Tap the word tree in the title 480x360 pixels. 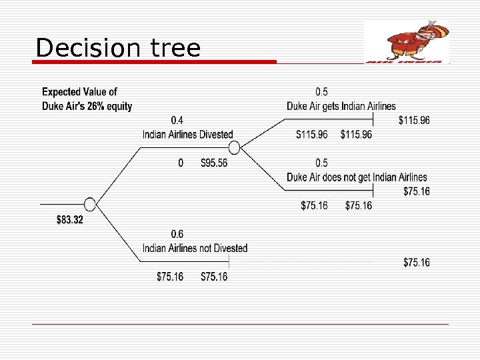tap(175, 48)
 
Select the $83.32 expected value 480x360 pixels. tap(70, 220)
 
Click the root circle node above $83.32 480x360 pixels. tap(90, 205)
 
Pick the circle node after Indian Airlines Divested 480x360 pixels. tap(233, 148)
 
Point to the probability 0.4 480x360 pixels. tap(178, 121)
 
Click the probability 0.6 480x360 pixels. tap(178, 234)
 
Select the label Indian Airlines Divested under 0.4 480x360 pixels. tap(188, 134)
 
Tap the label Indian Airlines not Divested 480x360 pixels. tap(195, 248)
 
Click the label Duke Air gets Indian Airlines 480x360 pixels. tap(341, 106)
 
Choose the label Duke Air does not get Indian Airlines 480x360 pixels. tap(357, 177)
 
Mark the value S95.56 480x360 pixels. tap(214, 163)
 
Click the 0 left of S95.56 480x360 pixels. tap(181, 163)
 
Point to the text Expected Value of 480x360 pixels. tap(79, 92)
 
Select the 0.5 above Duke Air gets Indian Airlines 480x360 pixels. tap(321, 92)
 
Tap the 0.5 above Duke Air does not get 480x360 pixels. tap(321, 163)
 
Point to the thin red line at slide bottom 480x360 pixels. tap(240, 324)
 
